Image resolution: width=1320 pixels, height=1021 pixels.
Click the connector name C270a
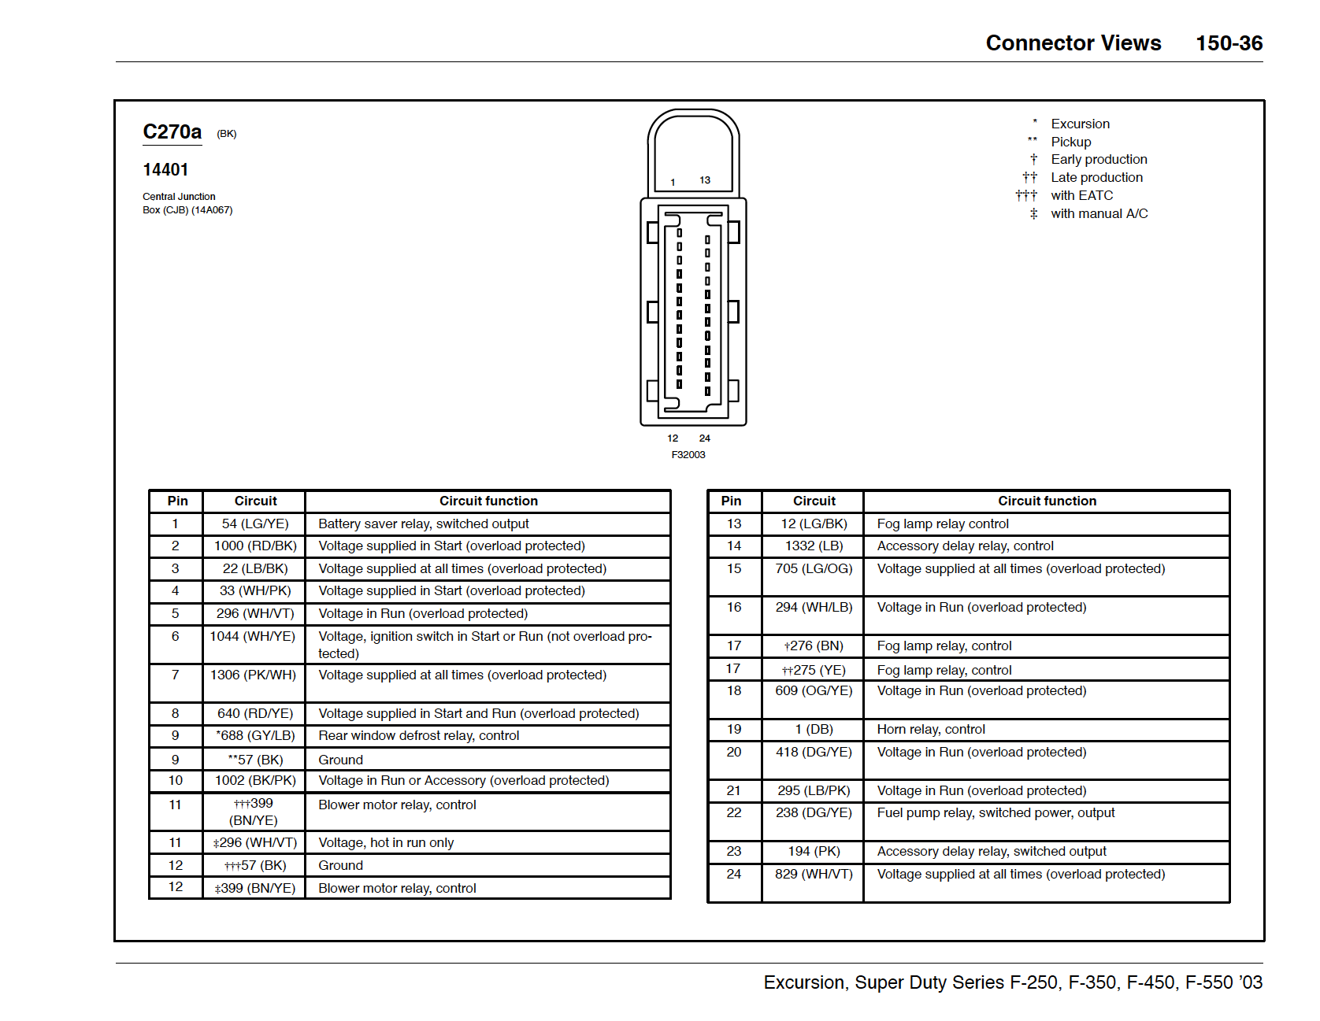coord(172,131)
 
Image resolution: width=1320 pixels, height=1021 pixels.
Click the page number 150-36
coord(1229,43)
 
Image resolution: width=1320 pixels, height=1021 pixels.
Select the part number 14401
coord(165,170)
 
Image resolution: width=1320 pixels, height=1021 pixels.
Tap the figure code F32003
coord(688,455)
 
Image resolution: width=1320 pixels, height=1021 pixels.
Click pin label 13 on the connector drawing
coord(705,180)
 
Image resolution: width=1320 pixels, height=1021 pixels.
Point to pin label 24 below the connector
coord(705,438)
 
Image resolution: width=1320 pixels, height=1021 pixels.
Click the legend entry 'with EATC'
coord(1081,195)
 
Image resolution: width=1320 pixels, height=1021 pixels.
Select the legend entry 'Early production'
coord(1099,159)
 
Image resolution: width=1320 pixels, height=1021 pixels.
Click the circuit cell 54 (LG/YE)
coord(255,523)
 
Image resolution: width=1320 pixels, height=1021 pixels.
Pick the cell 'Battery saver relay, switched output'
coord(424,523)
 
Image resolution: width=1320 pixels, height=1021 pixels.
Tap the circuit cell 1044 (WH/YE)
coord(253,636)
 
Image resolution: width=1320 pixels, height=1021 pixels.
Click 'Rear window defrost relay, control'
coord(419,735)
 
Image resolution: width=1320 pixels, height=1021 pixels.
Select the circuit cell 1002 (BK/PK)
coord(255,780)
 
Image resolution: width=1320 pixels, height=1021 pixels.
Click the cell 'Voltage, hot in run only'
coord(386,842)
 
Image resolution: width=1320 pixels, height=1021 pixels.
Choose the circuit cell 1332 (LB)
coord(814,546)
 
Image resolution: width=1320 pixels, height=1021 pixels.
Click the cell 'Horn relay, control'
coord(931,729)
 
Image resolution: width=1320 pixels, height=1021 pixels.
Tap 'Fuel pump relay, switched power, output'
coord(996,812)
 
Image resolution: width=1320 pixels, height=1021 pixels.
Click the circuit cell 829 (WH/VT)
coord(814,874)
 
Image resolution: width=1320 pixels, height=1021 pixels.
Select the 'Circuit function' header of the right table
coord(1047,501)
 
